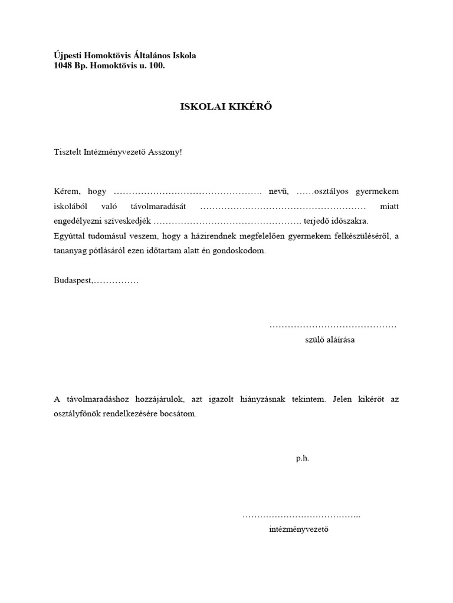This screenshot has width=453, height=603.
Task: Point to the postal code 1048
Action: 64,66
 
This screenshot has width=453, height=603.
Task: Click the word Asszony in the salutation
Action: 166,152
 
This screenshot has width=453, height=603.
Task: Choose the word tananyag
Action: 71,251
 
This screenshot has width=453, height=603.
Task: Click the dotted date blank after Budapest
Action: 116,281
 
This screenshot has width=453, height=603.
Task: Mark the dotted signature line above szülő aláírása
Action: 333,326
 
